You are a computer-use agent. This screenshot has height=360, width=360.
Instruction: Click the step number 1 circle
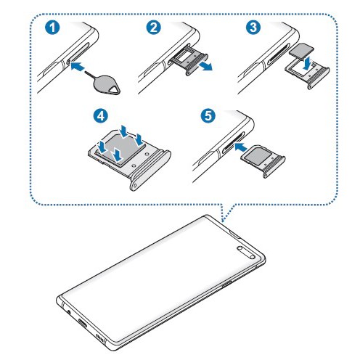coord(52,28)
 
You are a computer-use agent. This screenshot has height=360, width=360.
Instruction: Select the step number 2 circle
coord(154,28)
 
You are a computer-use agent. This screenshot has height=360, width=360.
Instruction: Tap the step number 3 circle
coord(253,28)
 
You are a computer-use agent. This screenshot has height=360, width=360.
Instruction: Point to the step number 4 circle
coord(101,115)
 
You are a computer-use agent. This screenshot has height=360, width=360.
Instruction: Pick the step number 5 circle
coord(208,115)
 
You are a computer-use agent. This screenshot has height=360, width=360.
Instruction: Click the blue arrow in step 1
coord(78,66)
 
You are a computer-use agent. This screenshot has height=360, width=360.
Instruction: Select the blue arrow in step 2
coord(205,66)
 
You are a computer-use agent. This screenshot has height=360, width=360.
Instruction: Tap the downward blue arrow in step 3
coord(307,63)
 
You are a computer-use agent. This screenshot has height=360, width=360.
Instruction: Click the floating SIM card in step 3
coord(301,51)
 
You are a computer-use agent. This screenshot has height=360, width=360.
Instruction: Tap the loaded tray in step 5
coord(263,161)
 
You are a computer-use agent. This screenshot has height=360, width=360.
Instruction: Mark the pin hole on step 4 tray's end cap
coord(135,186)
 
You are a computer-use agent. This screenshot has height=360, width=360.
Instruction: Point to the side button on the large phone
coord(227,285)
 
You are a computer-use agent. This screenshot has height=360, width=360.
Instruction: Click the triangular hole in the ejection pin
coord(114,90)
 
